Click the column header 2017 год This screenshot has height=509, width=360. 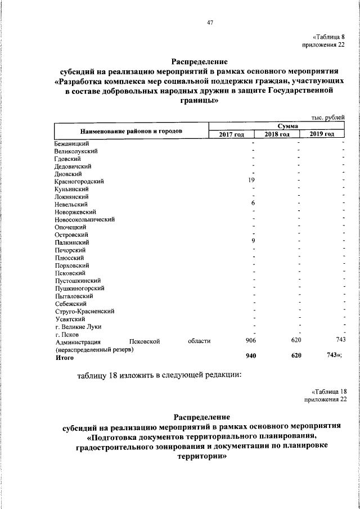click(231, 134)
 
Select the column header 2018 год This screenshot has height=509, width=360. click(277, 134)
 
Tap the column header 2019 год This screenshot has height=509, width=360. click(322, 134)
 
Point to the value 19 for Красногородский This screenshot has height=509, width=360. click(252, 181)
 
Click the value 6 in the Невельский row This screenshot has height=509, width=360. click(253, 203)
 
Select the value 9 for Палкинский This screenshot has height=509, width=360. click(253, 241)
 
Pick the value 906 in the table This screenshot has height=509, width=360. click(251, 341)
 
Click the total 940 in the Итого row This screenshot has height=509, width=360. click(251, 356)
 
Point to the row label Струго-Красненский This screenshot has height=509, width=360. click(85, 311)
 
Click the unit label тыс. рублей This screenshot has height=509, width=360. click(327, 117)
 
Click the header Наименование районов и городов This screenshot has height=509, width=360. click(131, 131)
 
